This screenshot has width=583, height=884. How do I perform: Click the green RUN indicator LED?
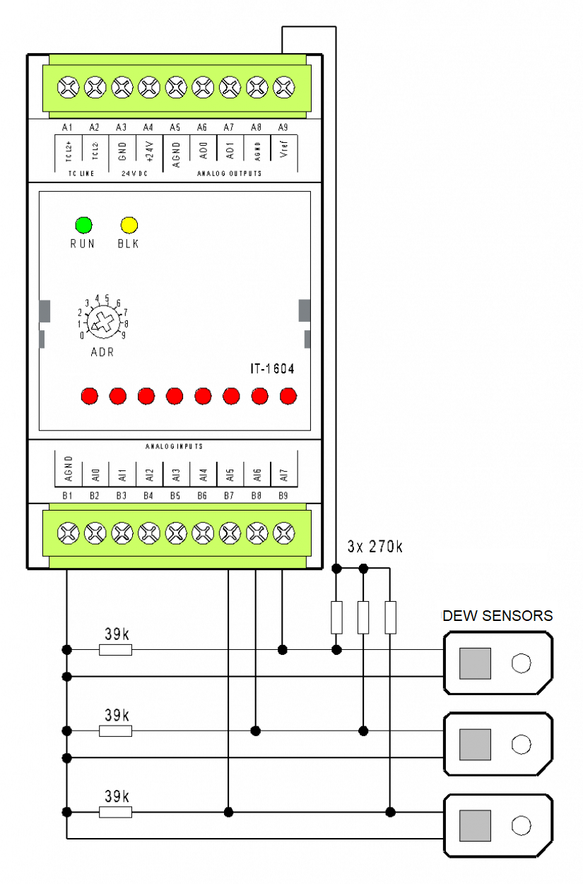[x=83, y=226]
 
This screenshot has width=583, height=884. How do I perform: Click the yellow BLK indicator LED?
[x=129, y=226]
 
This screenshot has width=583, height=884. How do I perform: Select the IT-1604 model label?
[x=272, y=369]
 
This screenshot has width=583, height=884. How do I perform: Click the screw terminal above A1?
[x=68, y=88]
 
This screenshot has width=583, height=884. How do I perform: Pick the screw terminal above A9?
[x=283, y=88]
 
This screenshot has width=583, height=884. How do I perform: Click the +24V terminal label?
[x=148, y=153]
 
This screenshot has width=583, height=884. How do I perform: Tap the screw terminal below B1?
[x=68, y=532]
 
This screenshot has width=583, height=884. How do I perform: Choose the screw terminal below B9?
[x=283, y=532]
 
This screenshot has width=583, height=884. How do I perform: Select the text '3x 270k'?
[x=375, y=547]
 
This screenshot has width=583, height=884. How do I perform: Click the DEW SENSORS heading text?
[x=497, y=616]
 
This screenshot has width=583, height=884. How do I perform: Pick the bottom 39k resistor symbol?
[x=115, y=813]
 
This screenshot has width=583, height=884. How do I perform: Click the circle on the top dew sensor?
[x=521, y=663]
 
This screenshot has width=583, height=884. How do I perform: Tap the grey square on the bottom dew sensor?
[x=475, y=825]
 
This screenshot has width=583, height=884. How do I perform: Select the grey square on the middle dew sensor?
[x=475, y=744]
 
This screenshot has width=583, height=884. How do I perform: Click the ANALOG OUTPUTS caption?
[x=229, y=173]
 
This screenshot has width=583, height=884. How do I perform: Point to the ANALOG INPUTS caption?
[x=174, y=447]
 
